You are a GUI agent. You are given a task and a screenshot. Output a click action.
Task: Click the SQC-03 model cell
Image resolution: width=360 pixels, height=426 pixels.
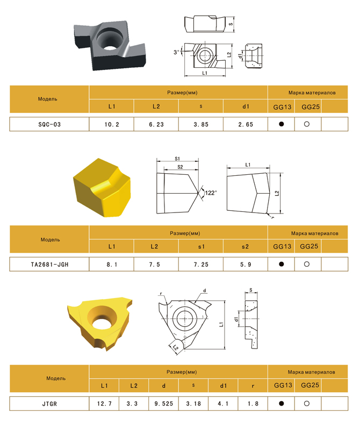pos(49,124)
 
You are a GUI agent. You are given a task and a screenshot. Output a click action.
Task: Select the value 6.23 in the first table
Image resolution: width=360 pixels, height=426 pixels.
pos(156,124)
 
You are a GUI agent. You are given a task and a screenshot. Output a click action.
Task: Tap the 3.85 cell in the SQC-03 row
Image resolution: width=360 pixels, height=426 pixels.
pos(201,124)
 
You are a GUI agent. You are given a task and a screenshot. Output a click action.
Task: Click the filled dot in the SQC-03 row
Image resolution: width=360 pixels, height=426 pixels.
pos(281,124)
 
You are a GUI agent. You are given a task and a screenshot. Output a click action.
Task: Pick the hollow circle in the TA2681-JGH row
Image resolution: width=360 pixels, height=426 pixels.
pos(307,264)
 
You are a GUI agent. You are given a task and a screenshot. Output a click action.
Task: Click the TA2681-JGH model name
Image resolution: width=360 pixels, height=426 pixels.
pos(49,265)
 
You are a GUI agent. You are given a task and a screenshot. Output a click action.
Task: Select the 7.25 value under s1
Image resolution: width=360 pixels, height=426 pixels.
pos(201,265)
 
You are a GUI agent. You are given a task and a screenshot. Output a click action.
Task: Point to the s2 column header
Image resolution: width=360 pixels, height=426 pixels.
pos(245,247)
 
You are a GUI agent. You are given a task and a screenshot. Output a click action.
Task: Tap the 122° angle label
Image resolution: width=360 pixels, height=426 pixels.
pos(211,193)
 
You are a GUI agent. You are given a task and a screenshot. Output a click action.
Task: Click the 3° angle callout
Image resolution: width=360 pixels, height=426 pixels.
pos(176,52)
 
